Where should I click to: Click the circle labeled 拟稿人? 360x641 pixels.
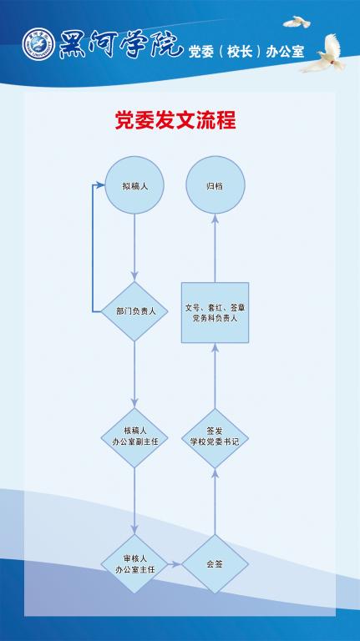(134, 185)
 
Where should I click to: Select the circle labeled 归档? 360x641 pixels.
(215, 185)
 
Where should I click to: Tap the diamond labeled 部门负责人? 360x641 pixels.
(134, 311)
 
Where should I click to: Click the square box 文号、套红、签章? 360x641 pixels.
(215, 312)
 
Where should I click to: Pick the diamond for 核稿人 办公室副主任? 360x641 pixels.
(134, 438)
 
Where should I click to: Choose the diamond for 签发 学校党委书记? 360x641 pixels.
(215, 438)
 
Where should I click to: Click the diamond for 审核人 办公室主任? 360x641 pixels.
(134, 564)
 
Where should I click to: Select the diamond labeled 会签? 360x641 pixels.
(215, 564)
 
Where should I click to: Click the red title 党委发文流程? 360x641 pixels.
(175, 120)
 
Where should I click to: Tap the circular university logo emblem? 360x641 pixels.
(38, 44)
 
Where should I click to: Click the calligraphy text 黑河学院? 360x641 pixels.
(120, 44)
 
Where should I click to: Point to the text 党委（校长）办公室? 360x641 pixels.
(246, 52)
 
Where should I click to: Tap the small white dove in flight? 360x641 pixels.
(297, 22)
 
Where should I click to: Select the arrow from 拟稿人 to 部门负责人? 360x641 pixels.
(134, 248)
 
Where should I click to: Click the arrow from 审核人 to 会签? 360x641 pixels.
(175, 564)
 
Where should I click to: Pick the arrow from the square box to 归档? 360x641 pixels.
(215, 248)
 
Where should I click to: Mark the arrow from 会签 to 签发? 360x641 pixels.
(215, 501)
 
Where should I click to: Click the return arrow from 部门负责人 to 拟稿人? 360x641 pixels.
(93, 248)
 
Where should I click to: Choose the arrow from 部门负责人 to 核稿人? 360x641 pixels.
(134, 375)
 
